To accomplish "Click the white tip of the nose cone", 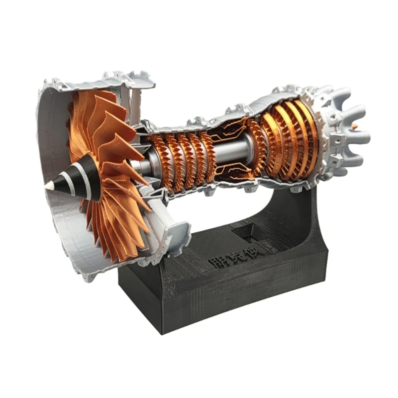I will tap(49, 185).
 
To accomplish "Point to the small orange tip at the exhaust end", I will tap(354, 127).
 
